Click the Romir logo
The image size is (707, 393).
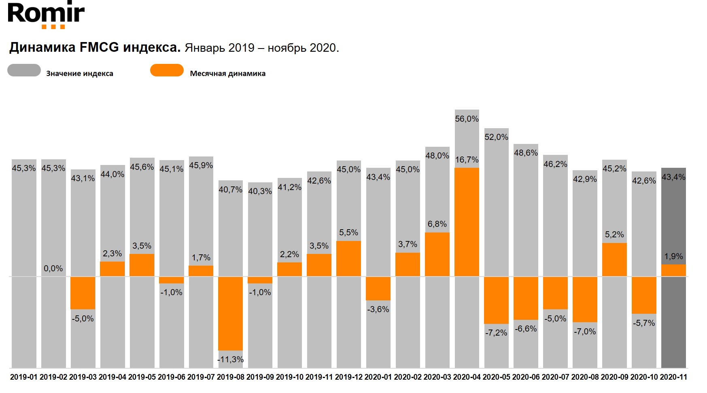click(x=46, y=15)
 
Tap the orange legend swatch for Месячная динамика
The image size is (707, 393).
click(x=167, y=70)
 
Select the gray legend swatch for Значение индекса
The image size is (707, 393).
click(x=24, y=70)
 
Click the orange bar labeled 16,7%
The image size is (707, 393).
click(x=467, y=222)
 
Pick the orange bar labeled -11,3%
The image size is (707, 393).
click(x=230, y=313)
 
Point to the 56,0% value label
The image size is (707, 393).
click(x=467, y=119)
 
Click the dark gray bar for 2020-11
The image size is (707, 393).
click(x=673, y=315)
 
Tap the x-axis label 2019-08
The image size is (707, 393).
click(x=231, y=377)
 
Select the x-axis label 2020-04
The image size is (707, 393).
click(x=467, y=377)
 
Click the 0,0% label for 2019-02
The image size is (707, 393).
click(x=53, y=268)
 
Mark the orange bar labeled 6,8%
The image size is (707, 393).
click(x=437, y=254)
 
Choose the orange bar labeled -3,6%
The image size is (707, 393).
click(x=378, y=288)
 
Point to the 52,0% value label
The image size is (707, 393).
click(x=496, y=137)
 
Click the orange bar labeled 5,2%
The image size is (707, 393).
click(x=614, y=260)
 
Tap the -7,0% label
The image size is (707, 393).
click(x=585, y=332)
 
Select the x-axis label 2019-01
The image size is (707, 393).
click(x=24, y=377)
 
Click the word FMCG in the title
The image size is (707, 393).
click(x=99, y=47)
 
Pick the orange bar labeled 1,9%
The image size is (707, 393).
click(x=673, y=270)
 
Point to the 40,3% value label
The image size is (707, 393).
click(x=260, y=191)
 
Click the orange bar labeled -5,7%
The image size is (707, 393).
click(x=644, y=295)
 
